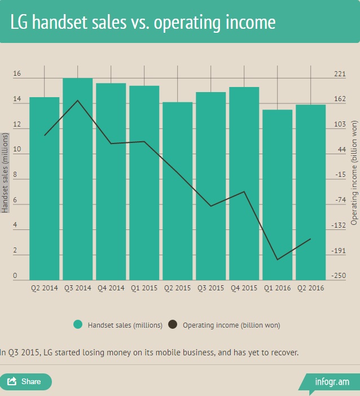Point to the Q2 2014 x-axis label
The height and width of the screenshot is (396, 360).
click(x=45, y=288)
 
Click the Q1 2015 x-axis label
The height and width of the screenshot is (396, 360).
click(x=144, y=288)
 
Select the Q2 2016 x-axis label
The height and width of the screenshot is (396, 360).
click(x=311, y=288)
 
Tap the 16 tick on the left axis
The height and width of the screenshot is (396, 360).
click(x=17, y=74)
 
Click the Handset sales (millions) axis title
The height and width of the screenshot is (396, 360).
click(x=5, y=172)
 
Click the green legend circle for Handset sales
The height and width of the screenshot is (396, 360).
click(x=78, y=324)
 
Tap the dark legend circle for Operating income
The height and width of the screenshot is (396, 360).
click(x=173, y=324)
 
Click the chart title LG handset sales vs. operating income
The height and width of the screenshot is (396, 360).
click(x=143, y=22)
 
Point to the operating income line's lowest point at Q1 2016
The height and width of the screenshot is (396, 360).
click(x=278, y=260)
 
